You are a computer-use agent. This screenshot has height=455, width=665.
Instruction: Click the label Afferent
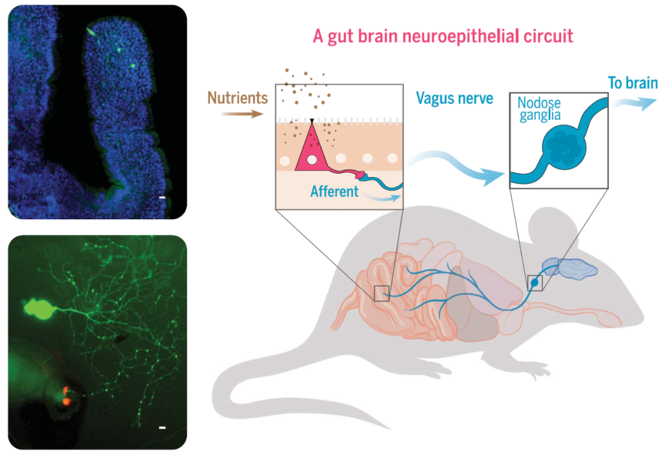334,191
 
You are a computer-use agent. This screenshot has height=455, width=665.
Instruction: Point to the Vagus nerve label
454,98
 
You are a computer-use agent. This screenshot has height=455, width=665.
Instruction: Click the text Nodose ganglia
539,109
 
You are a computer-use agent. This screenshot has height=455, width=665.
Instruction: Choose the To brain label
632,83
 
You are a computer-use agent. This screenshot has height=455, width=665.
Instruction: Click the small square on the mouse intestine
382,293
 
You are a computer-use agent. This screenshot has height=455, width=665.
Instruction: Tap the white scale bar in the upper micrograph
163,198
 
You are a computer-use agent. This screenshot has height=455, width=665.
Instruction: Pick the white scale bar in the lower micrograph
163,427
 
